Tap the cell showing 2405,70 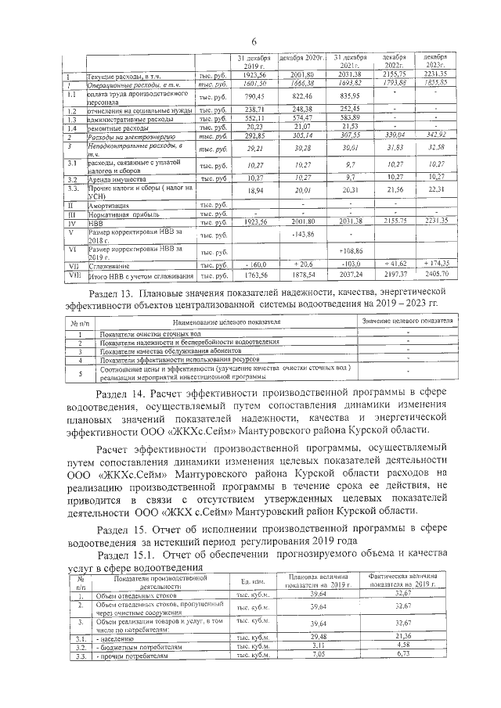[x=437, y=275]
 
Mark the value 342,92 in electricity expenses [x=437, y=136]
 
